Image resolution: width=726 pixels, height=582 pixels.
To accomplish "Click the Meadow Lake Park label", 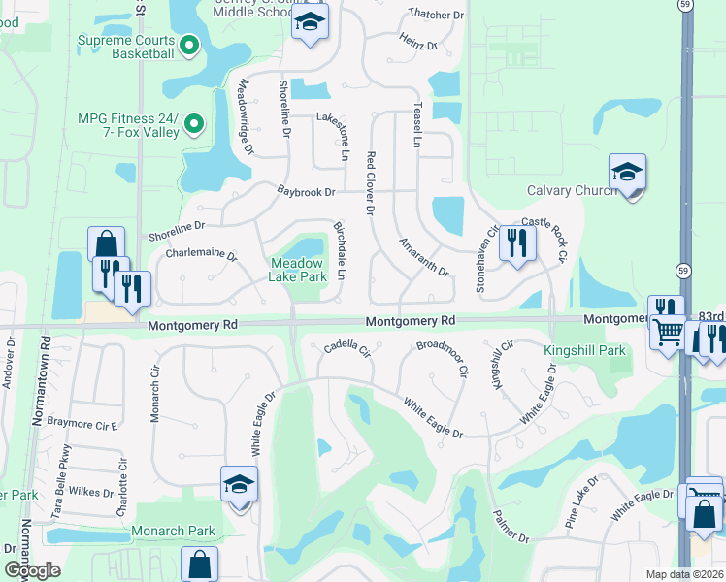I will coord(298,270).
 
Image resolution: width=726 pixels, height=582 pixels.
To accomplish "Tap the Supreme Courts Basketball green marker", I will coord(189,44).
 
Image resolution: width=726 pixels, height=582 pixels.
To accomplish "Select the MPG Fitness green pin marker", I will coord(193,123).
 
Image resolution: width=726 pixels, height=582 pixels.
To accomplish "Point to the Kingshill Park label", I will coord(585,349).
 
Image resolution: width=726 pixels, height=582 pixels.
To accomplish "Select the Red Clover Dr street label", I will coord(370,183).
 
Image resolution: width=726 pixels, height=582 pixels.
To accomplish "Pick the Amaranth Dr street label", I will coord(424,257).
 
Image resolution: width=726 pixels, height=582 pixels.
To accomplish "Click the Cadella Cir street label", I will coord(347,346).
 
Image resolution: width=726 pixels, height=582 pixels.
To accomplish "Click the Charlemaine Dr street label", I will coord(201,254).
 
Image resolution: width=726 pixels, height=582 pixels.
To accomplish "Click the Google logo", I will coord(32,570).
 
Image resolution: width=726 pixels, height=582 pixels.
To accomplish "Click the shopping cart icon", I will coord(667,334).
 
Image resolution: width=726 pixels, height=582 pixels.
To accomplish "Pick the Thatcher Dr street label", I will coord(437,15).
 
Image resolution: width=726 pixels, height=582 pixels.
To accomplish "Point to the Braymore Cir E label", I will coord(82,425).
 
